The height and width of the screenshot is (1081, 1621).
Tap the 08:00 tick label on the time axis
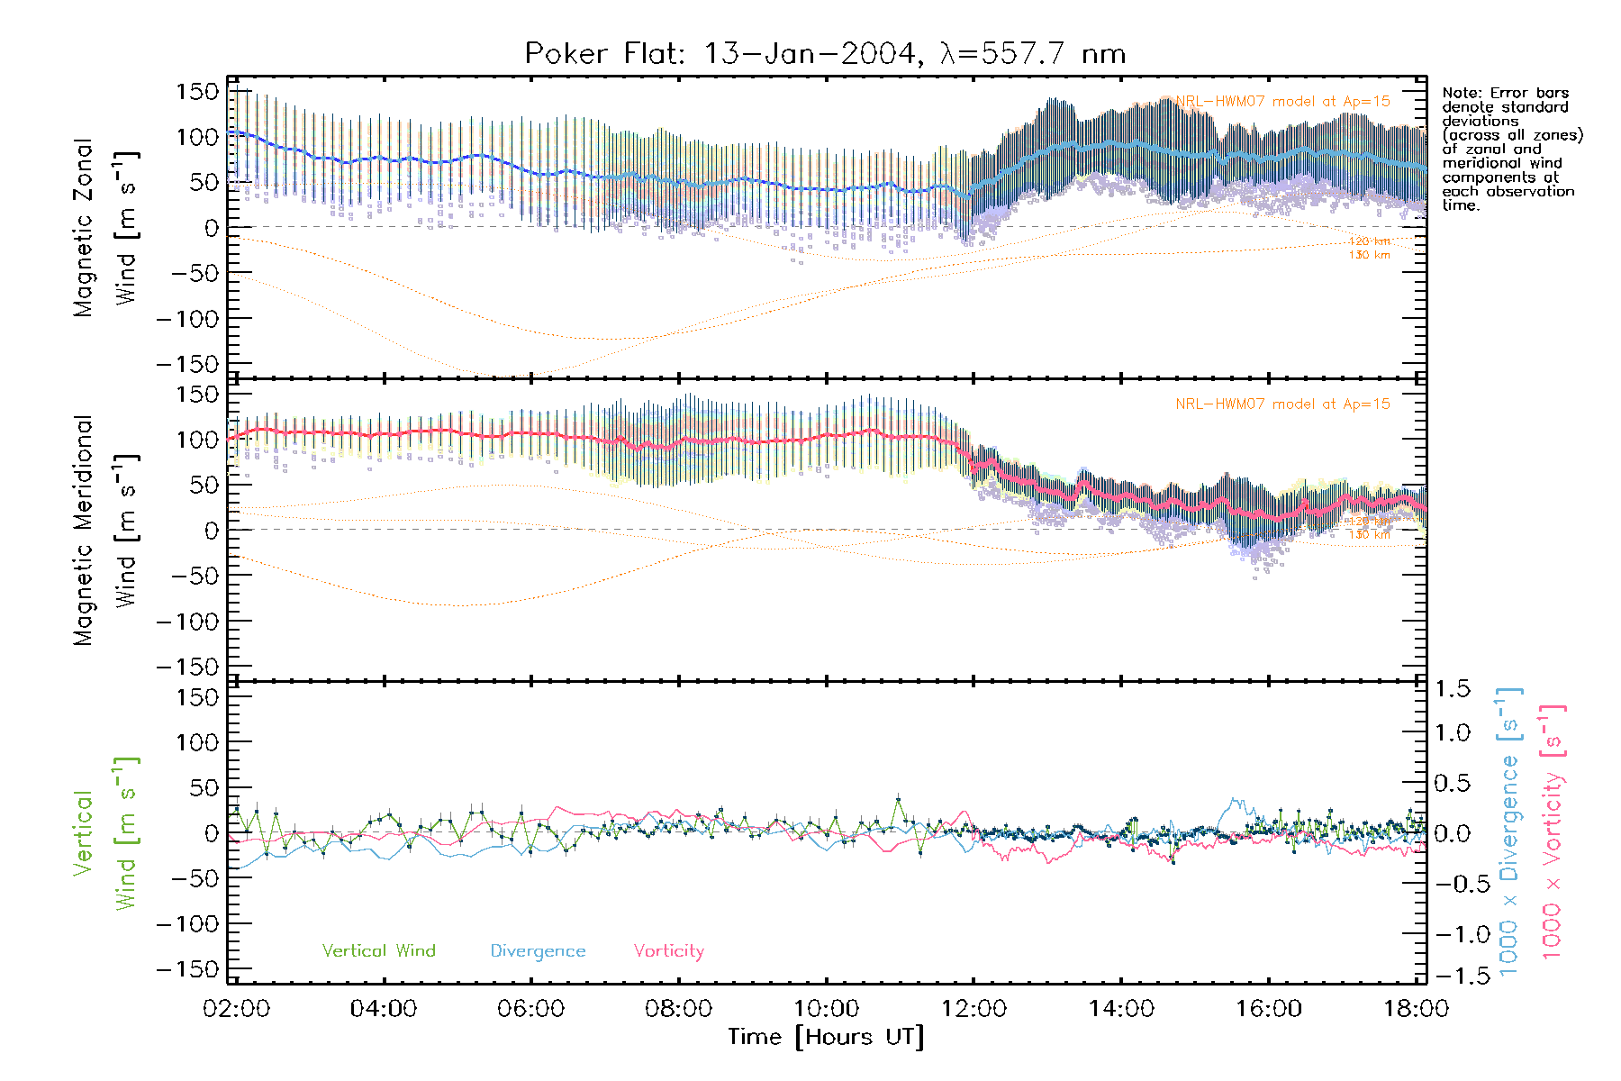coord(678,1009)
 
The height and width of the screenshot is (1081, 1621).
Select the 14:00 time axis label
coord(1121,1009)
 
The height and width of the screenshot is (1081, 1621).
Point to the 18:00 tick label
coord(1416,1009)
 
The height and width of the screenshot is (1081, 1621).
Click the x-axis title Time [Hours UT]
coord(826,1037)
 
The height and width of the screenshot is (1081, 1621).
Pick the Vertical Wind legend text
coord(378,951)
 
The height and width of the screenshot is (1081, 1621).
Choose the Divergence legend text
coord(538,951)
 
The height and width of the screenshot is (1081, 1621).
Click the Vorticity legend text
coord(668,951)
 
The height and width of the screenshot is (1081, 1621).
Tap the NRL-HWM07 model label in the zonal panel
coord(1282,102)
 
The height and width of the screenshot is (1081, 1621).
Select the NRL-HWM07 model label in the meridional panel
coord(1282,404)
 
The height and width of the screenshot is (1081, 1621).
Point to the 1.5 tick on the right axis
coord(1453,689)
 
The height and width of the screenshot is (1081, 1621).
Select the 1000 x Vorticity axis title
coord(1553,831)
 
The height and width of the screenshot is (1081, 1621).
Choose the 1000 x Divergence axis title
coord(1509,831)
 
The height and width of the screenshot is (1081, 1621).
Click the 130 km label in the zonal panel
coord(1369,256)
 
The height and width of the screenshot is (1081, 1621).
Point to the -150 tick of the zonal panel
coord(187,364)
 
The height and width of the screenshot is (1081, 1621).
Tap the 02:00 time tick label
coord(236,1009)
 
